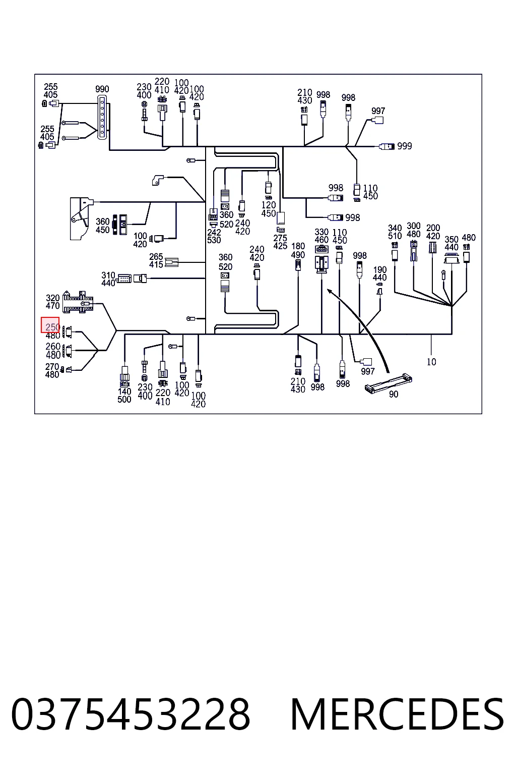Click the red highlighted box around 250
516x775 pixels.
click(50, 325)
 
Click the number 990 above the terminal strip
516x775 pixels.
click(102, 89)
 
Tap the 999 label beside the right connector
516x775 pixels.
click(404, 146)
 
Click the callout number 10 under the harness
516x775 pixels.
click(431, 362)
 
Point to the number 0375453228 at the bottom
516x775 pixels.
click(131, 715)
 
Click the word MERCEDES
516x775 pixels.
click(397, 715)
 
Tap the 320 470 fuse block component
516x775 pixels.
click(78, 302)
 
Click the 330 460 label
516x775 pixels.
click(321, 236)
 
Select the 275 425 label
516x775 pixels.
click(280, 242)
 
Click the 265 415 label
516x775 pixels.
click(156, 260)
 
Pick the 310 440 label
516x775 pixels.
click(108, 279)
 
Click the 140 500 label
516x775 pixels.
click(124, 395)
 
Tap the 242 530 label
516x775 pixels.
click(214, 236)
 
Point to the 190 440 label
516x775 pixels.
click(379, 273)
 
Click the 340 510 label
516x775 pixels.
click(395, 232)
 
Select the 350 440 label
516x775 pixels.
click(451, 243)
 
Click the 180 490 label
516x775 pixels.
click(298, 250)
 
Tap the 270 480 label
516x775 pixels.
click(52, 370)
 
